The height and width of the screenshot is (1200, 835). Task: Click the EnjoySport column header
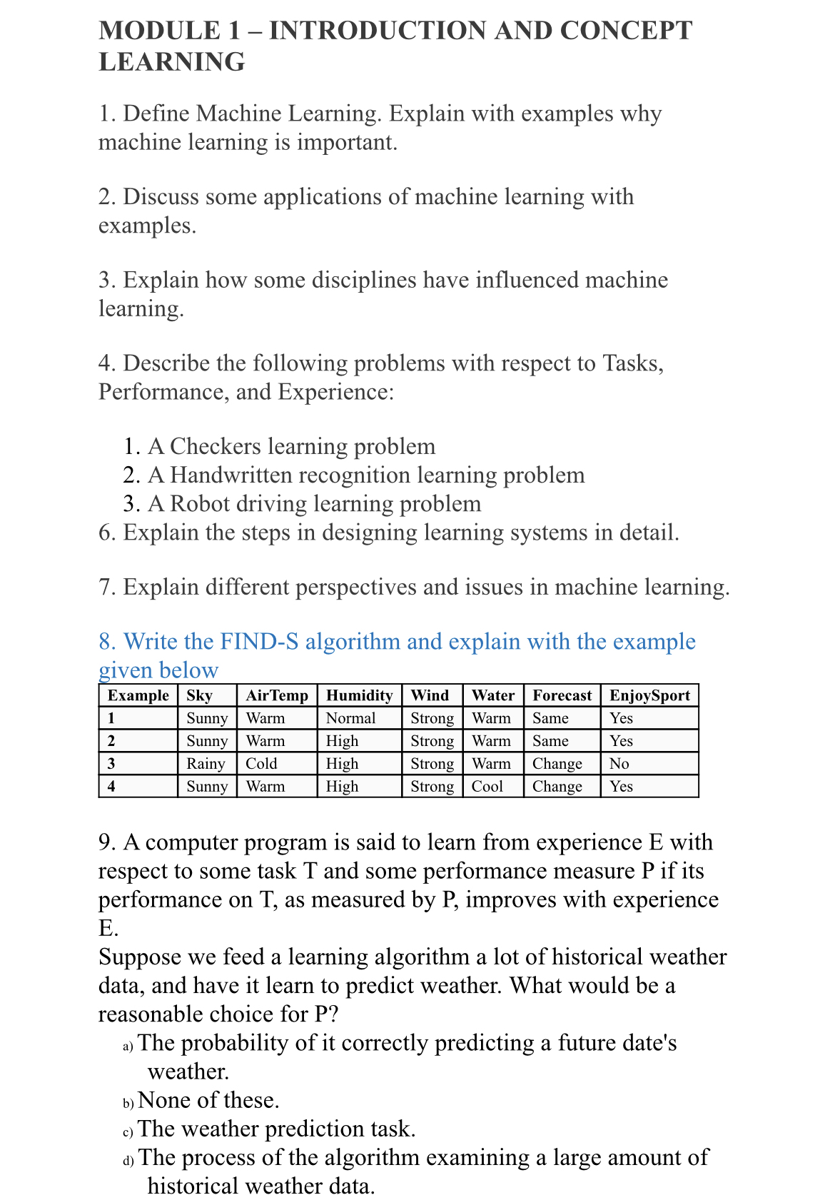[649, 696]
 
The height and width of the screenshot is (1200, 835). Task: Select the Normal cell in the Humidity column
[350, 718]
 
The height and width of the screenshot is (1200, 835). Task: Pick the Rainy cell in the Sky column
[206, 764]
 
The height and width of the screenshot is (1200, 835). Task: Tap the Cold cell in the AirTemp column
[261, 764]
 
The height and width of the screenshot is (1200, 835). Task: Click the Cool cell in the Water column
[487, 787]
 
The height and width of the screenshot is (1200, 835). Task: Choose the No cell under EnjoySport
[619, 764]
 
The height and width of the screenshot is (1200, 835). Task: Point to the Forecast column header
[562, 696]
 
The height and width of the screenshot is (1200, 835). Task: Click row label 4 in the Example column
[111, 787]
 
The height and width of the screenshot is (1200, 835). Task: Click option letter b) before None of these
[128, 1104]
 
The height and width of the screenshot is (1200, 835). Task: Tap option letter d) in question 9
[128, 1161]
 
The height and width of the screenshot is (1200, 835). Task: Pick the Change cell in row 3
[557, 764]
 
